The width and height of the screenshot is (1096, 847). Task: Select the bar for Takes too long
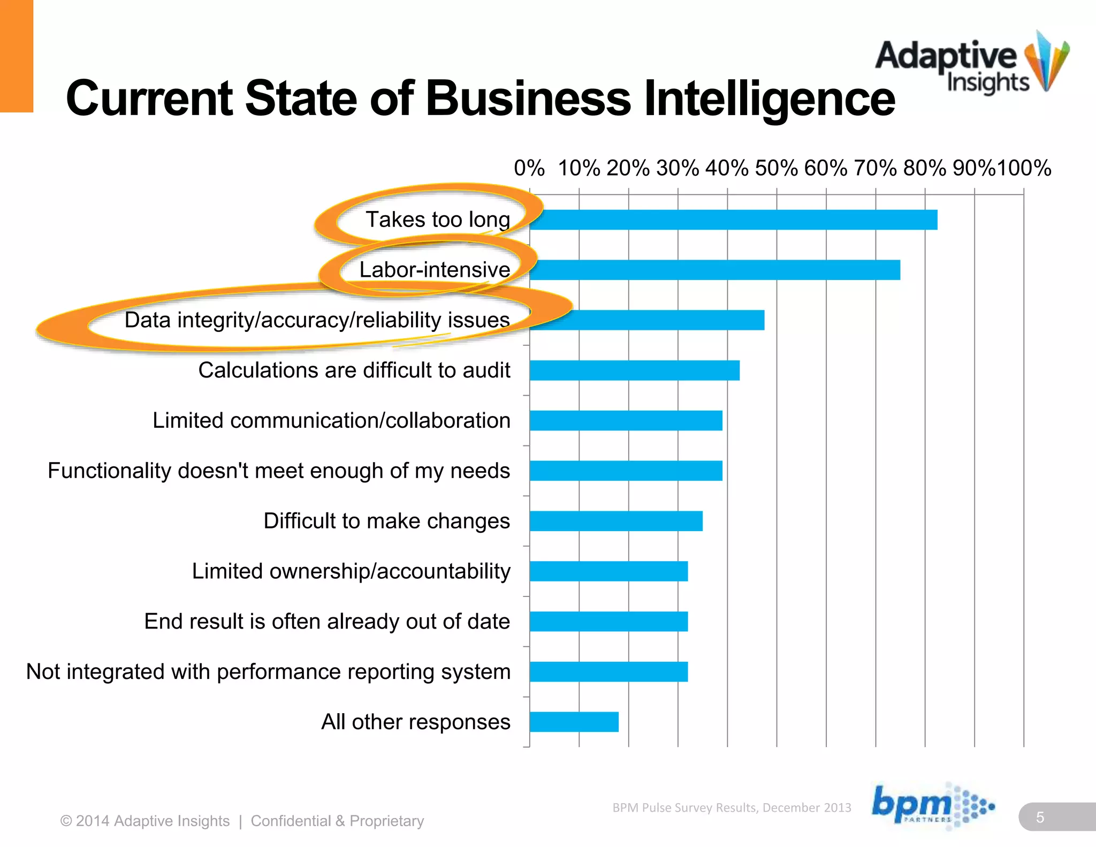tap(733, 220)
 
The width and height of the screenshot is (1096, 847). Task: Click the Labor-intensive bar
tap(714, 270)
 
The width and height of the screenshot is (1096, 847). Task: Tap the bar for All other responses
tap(574, 722)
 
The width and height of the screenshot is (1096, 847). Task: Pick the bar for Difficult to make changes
tap(615, 521)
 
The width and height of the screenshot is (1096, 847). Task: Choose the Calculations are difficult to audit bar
tap(634, 370)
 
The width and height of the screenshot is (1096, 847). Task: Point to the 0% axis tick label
tap(529, 168)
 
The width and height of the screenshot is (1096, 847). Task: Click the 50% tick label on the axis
tap(776, 168)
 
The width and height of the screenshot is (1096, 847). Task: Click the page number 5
tap(1040, 817)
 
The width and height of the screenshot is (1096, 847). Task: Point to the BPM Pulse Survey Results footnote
tap(732, 807)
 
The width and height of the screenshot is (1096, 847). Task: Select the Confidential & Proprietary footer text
tap(337, 821)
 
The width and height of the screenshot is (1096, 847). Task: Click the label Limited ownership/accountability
tap(351, 571)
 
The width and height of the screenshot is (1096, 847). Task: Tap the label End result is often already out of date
tap(327, 622)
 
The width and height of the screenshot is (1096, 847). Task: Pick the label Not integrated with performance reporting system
tap(268, 672)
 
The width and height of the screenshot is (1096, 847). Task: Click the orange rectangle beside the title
tap(16, 56)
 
